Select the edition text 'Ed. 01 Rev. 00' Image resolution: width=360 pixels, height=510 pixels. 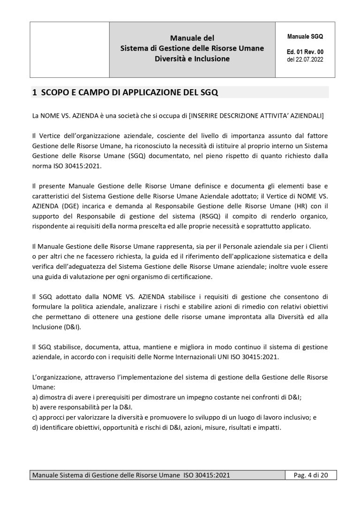click(x=305, y=52)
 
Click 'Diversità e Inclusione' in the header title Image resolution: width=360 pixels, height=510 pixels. click(x=192, y=59)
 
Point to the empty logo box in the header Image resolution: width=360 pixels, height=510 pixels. click(x=70, y=49)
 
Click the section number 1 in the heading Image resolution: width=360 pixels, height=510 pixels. click(x=34, y=92)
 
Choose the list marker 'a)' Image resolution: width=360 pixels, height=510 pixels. click(x=35, y=396)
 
